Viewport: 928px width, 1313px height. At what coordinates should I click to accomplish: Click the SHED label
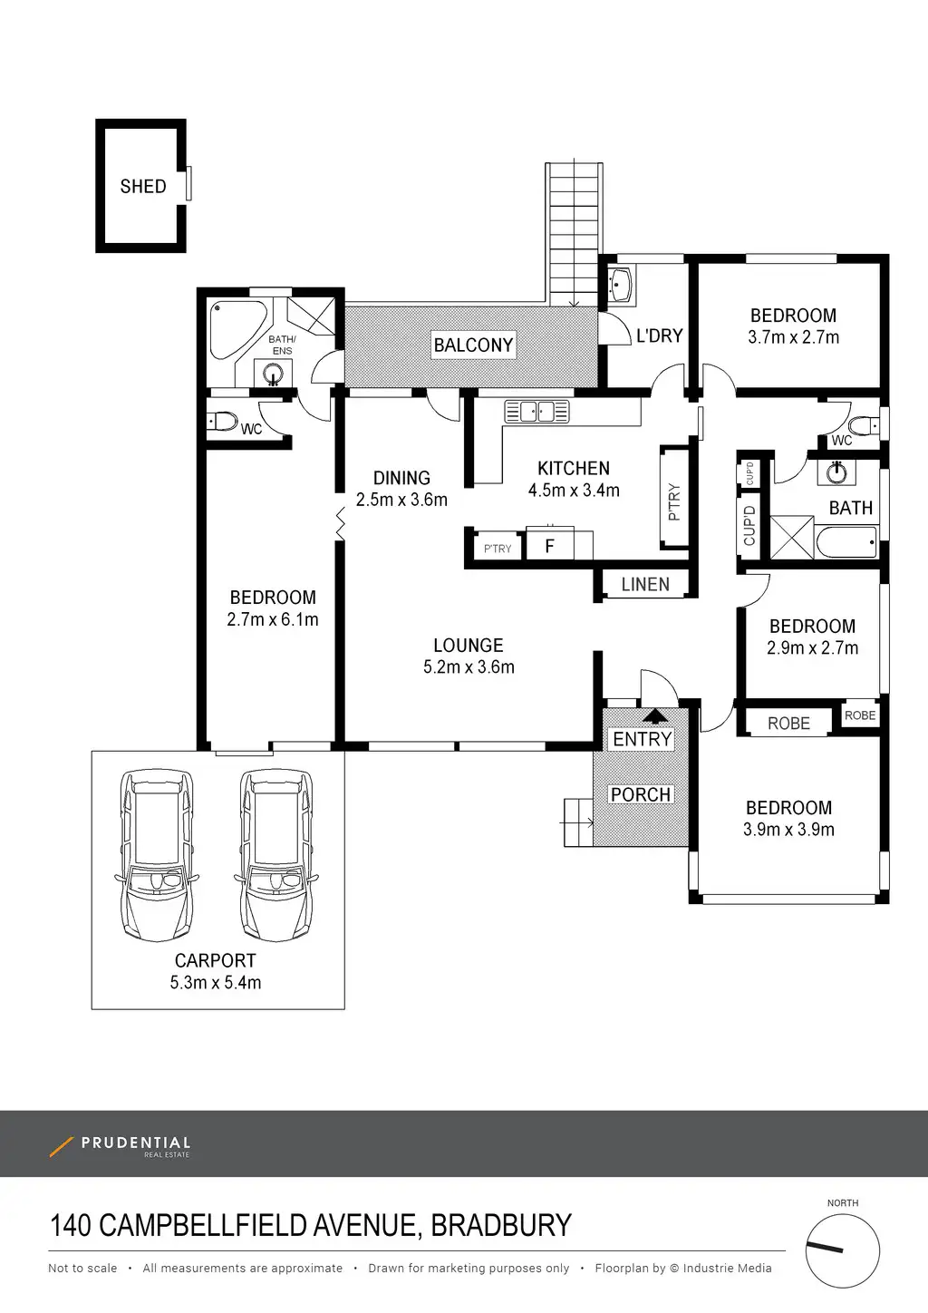(x=143, y=187)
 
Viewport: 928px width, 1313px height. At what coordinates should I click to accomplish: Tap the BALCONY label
(x=473, y=345)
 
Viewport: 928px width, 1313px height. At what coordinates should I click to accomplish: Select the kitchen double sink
(x=536, y=411)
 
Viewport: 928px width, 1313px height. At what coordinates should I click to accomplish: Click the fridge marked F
(x=549, y=545)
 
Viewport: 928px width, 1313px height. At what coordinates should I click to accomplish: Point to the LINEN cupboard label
(x=645, y=584)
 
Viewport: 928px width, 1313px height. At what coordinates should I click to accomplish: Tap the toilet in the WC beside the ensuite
(x=221, y=421)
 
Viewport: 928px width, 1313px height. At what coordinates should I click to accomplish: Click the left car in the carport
(x=157, y=855)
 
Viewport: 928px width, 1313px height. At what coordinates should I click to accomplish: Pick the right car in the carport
(x=276, y=855)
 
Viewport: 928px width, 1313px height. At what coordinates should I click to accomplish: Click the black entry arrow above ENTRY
(x=655, y=716)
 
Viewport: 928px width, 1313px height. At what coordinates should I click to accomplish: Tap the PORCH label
(x=641, y=794)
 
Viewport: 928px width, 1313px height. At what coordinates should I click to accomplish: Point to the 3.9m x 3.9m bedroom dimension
(x=788, y=830)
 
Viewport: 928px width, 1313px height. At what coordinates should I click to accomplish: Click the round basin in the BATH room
(x=836, y=472)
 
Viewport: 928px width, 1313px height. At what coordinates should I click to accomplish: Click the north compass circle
(x=843, y=1251)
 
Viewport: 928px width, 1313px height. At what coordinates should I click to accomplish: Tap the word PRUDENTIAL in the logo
(x=136, y=1143)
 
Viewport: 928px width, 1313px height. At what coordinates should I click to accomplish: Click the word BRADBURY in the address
(x=501, y=1225)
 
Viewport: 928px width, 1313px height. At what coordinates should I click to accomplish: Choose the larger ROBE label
(x=788, y=724)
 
